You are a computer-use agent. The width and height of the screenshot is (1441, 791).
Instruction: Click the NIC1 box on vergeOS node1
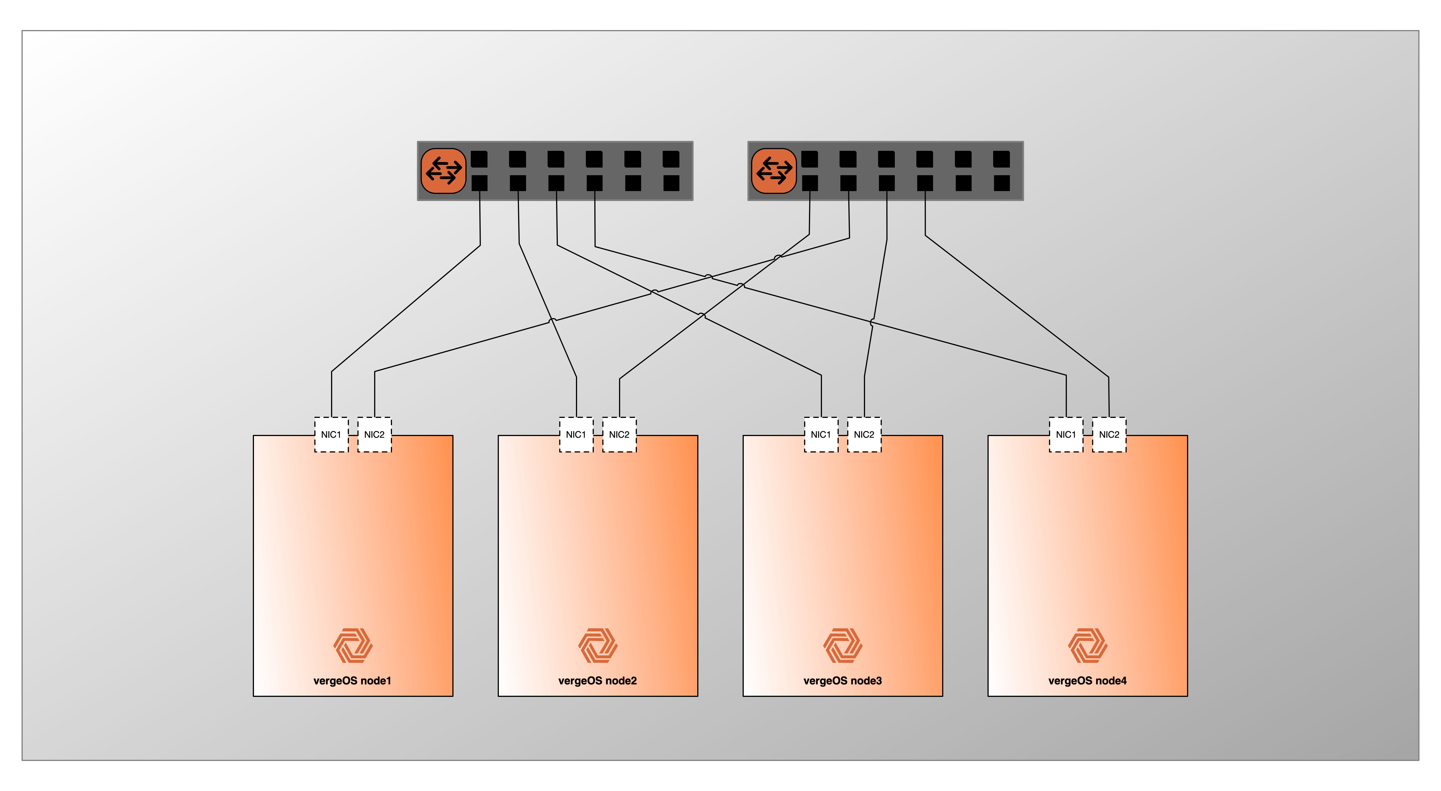point(331,435)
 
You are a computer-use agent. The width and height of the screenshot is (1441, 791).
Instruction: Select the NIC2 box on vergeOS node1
point(374,435)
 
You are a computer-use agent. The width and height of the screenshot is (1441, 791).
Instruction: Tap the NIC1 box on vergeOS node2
point(576,435)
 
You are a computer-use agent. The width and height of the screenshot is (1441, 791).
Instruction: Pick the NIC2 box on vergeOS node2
point(619,435)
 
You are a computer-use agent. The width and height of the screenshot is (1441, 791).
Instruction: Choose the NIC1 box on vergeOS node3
point(821,435)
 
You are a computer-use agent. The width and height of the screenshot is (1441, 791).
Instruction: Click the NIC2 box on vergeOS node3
point(864,435)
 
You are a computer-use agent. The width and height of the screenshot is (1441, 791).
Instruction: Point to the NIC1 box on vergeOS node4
point(1066,435)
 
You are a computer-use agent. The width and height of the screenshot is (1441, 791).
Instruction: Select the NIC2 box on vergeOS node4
point(1109,435)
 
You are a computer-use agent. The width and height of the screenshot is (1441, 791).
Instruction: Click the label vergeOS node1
point(352,681)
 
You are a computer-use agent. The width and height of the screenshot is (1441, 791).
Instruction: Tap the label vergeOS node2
point(597,681)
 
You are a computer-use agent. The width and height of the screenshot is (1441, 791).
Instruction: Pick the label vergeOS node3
point(842,681)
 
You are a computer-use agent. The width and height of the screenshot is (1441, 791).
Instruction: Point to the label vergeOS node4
point(1088,681)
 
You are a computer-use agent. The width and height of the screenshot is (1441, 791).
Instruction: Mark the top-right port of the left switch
point(671,159)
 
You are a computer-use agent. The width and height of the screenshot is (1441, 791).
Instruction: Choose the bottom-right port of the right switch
point(1002,183)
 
